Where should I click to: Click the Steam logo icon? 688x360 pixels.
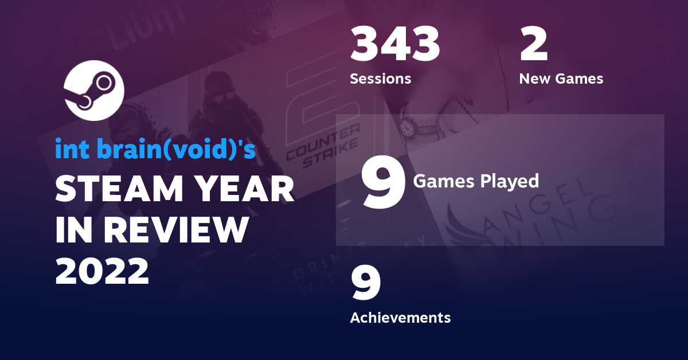pyautogui.click(x=93, y=90)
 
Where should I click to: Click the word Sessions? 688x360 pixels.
pyautogui.click(x=380, y=79)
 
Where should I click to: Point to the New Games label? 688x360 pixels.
pyautogui.click(x=561, y=79)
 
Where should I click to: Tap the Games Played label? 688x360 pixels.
pyautogui.click(x=476, y=181)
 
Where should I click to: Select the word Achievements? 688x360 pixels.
pyautogui.click(x=400, y=317)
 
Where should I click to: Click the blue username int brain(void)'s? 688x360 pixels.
pyautogui.click(x=155, y=149)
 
